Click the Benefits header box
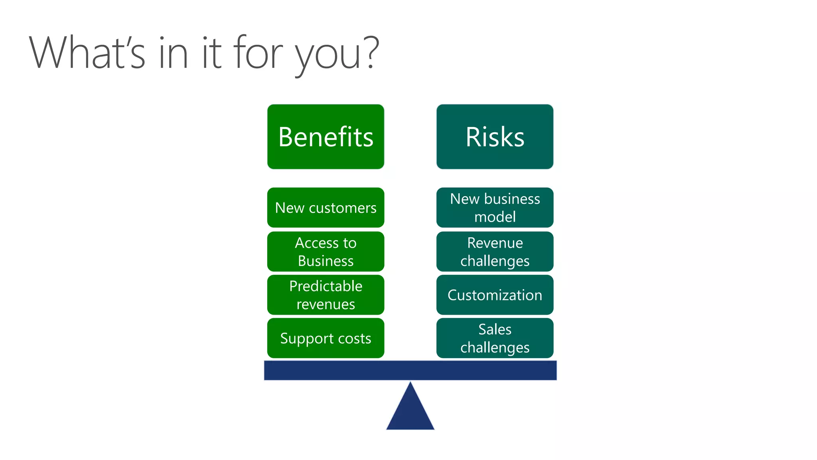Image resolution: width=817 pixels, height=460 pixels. tap(326, 137)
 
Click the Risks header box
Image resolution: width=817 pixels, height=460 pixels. tap(495, 137)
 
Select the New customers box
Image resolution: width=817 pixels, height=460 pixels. tap(326, 208)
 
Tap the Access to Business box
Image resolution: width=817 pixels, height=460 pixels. tap(326, 252)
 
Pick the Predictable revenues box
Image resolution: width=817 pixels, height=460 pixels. tap(326, 295)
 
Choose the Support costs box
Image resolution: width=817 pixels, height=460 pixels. tap(326, 338)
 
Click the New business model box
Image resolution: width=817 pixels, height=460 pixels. tap(495, 208)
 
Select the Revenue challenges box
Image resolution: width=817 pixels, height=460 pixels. tap(495, 252)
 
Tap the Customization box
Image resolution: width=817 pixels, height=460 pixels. tap(495, 295)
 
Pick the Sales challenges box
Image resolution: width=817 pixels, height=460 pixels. tap(495, 338)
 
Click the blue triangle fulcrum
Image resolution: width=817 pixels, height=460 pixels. tap(410, 411)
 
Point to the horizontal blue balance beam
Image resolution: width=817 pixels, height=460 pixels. tap(410, 370)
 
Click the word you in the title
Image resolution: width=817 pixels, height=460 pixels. tap(328, 56)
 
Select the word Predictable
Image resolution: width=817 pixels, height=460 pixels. tap(326, 286)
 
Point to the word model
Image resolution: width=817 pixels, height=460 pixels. tap(495, 217)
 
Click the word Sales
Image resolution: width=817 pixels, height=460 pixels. tap(495, 329)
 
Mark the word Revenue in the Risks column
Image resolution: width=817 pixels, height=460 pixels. tap(495, 243)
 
